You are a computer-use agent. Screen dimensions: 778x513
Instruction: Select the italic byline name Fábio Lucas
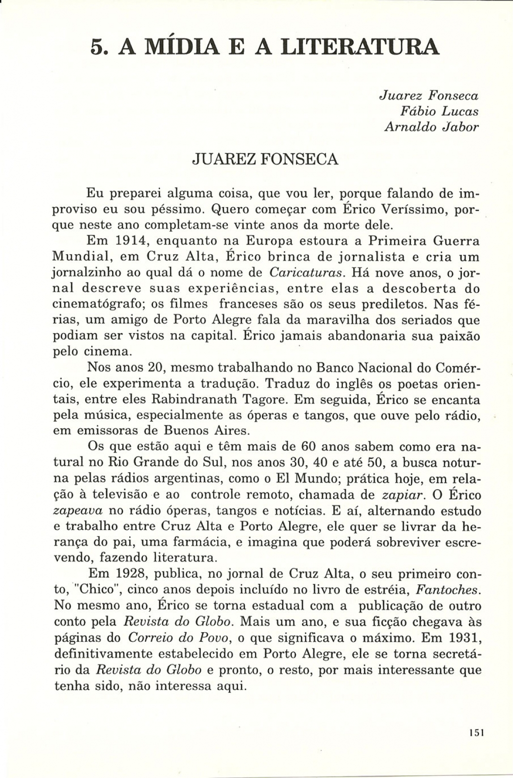[439, 111]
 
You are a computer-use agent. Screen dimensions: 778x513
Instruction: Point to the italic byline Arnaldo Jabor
[431, 127]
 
